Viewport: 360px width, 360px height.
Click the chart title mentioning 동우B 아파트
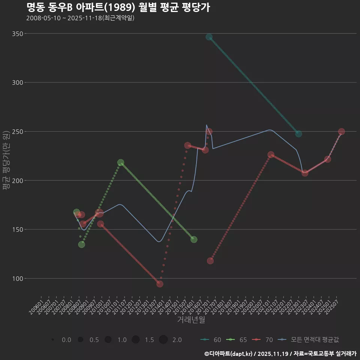point(118,7)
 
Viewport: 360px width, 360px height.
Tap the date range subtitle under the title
point(80,18)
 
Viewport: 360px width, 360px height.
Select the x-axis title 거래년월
point(191,320)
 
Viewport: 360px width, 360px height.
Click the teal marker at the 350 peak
point(209,37)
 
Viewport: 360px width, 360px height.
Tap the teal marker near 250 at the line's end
point(298,134)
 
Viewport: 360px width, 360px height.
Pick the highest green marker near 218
point(121,163)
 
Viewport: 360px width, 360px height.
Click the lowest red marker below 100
point(160,284)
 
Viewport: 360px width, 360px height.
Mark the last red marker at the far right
point(342,132)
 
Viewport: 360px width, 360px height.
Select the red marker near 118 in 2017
point(210,261)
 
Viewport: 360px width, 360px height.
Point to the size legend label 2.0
point(177,340)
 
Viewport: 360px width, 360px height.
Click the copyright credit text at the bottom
point(280,354)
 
